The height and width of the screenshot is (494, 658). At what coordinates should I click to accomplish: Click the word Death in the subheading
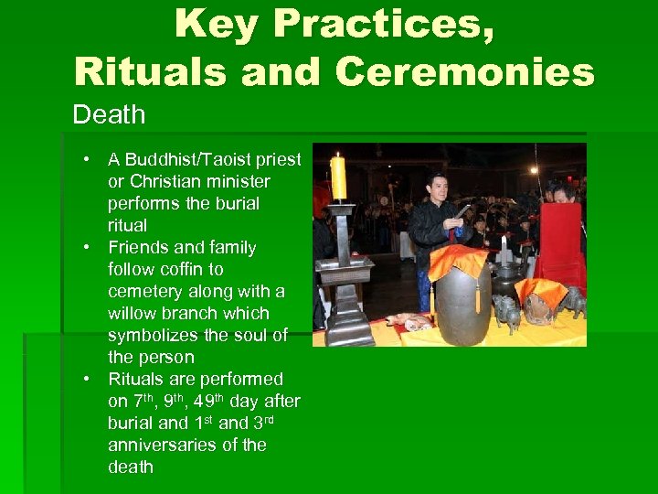tap(109, 115)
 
